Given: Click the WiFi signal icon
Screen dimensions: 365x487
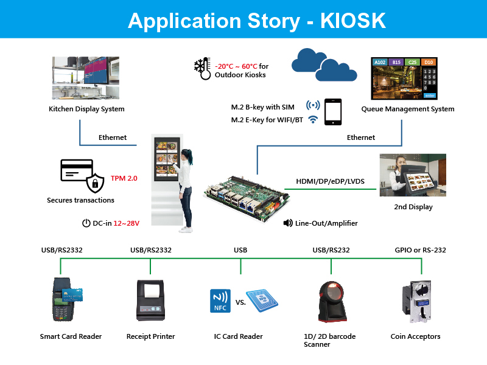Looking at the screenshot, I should pyautogui.click(x=314, y=120).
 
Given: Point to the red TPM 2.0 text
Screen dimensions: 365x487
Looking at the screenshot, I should pyautogui.click(x=124, y=178).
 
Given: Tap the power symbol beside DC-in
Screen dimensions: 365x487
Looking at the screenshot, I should pyautogui.click(x=86, y=223).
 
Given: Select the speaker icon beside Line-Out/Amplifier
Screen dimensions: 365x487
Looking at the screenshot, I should pyautogui.click(x=289, y=223).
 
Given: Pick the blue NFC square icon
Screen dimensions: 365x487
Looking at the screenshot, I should pyautogui.click(x=220, y=300).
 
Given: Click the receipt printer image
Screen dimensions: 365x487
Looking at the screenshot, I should pyautogui.click(x=151, y=299).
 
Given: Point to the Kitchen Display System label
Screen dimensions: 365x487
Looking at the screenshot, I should pyautogui.click(x=86, y=109).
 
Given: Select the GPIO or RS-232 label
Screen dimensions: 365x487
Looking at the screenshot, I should pyautogui.click(x=421, y=250).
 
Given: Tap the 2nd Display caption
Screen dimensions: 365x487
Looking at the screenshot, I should pyautogui.click(x=413, y=207).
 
